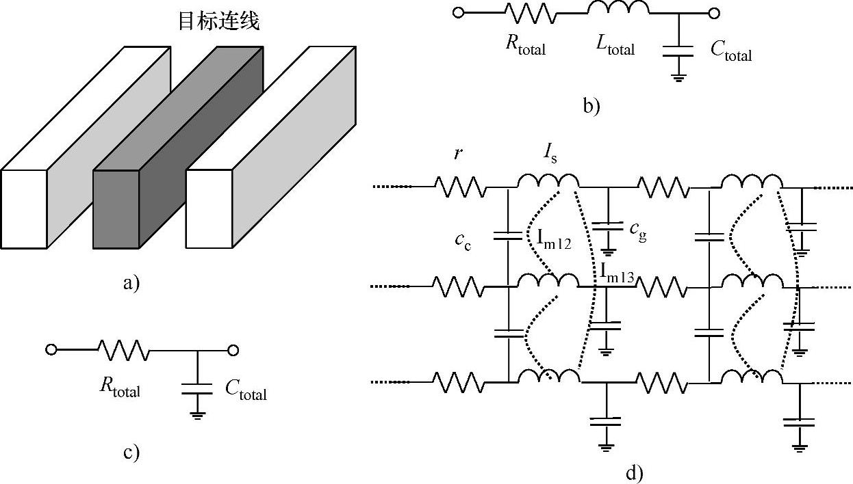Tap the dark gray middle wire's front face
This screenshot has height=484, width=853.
116,209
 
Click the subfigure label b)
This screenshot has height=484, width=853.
591,107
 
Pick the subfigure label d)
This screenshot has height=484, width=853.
634,472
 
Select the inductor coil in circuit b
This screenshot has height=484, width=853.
618,9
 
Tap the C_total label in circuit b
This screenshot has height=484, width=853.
730,50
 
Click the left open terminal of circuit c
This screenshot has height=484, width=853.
50,350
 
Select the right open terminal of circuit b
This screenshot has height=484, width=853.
713,12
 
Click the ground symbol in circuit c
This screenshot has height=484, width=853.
197,414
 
